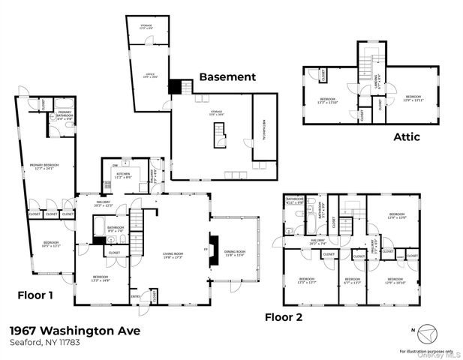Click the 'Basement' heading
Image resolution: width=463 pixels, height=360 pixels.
click(227, 76)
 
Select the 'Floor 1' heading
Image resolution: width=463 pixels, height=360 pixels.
click(35, 295)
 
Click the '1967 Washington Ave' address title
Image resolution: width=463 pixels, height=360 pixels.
click(74, 330)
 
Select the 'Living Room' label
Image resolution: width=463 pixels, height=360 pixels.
click(173, 255)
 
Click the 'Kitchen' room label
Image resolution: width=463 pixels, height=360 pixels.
click(124, 175)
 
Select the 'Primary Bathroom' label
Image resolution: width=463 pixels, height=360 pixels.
click(64, 116)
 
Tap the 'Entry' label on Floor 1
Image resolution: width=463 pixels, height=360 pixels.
click(136, 297)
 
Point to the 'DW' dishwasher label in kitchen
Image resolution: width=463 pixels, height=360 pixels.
click(115, 164)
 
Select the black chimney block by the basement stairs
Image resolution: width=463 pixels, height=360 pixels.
click(176, 87)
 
